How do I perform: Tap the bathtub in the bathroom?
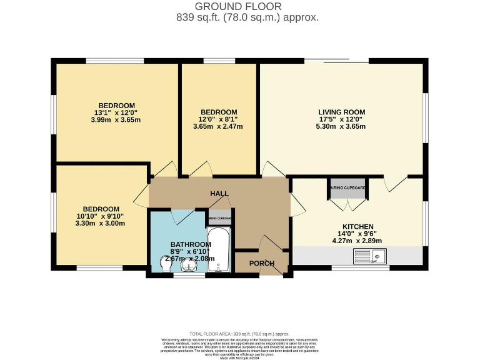[x=219, y=250]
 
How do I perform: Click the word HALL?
[x=218, y=194]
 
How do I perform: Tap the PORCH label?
[x=262, y=263]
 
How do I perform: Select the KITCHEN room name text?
[x=357, y=226]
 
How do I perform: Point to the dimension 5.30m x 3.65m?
[x=341, y=126]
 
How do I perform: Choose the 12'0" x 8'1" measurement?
[x=218, y=119]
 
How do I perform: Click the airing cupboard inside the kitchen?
[x=348, y=187]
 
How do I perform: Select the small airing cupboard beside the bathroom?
[x=220, y=219]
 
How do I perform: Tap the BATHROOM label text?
[x=191, y=244]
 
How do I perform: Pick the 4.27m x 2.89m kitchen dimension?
[x=357, y=241]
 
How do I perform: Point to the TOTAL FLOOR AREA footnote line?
[x=239, y=334]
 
